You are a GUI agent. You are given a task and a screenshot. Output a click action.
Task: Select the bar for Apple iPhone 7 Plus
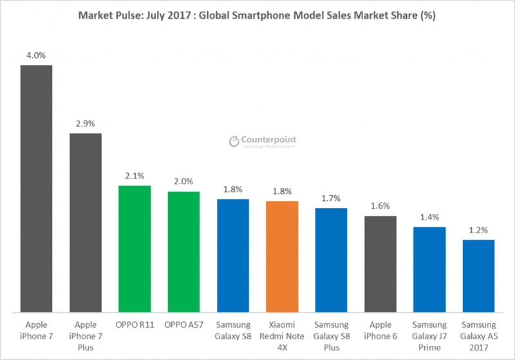coord(86,223)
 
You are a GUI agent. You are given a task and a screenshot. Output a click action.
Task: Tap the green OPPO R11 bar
coord(135,249)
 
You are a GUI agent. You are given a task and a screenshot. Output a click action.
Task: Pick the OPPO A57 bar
coord(183,252)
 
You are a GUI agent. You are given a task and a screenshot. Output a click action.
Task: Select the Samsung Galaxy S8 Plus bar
coord(331,260)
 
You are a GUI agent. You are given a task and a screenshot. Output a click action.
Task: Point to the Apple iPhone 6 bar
coord(380,264)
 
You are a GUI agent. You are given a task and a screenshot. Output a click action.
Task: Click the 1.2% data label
coord(478,229)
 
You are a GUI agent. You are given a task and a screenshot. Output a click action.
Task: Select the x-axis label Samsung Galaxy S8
coord(232,330)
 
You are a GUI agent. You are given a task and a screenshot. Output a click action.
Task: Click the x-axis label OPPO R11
coord(135,325)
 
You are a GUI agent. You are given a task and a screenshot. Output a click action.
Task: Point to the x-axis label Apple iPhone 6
coord(380,330)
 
